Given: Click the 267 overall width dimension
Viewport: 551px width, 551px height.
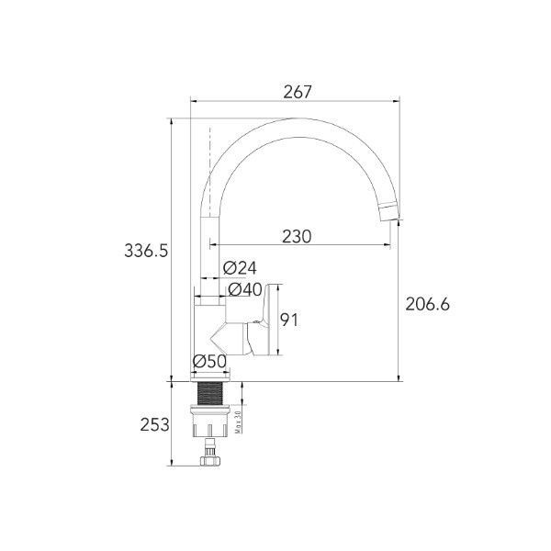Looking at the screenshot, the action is click(x=298, y=92).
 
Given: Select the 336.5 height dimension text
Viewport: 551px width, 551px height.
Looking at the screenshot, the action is click(x=147, y=251).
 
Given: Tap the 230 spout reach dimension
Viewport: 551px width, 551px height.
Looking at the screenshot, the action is click(x=297, y=237).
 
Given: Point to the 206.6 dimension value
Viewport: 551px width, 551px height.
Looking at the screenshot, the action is click(x=427, y=304).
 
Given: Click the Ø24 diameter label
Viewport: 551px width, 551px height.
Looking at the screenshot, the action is click(x=240, y=268).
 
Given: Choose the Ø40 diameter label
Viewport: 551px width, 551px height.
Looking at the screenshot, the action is click(x=245, y=289).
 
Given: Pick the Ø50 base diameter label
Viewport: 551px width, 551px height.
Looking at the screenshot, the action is click(x=209, y=361).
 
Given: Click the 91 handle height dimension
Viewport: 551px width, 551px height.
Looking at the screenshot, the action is click(x=289, y=320).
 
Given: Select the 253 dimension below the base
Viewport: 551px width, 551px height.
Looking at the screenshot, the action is click(x=154, y=425).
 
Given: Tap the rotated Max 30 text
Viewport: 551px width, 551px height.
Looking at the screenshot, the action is click(x=239, y=422).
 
